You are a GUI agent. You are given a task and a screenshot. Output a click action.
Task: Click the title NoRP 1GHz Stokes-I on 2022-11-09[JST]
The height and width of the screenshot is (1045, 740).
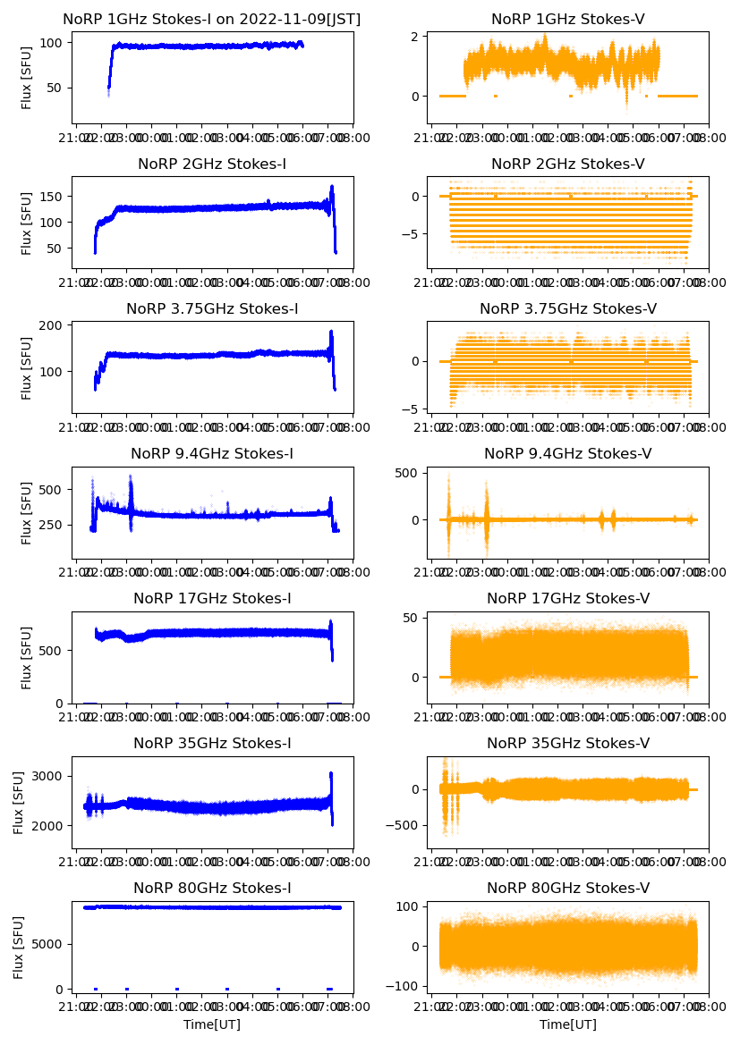[x=212, y=20]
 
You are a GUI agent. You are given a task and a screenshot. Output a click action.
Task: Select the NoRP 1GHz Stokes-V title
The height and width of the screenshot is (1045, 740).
[x=568, y=20]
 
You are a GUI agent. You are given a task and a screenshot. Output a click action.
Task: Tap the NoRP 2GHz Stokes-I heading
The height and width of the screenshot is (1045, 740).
[x=212, y=164]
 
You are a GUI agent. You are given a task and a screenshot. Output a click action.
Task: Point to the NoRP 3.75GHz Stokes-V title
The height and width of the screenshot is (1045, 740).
[x=568, y=309]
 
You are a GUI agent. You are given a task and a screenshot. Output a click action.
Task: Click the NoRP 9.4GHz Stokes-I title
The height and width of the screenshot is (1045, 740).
[x=212, y=454]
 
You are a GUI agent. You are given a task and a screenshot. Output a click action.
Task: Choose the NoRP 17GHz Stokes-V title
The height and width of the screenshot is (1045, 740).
[x=568, y=599]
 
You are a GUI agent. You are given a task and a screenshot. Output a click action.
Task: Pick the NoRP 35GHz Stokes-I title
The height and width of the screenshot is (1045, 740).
[x=212, y=744]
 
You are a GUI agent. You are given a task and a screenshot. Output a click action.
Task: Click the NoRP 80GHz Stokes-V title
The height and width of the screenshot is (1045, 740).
[x=568, y=889]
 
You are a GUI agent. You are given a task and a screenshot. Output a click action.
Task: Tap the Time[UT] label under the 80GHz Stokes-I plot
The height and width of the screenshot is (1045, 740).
[x=212, y=1024]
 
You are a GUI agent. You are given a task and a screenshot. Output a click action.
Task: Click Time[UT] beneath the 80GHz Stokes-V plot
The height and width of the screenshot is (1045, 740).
[x=568, y=1024]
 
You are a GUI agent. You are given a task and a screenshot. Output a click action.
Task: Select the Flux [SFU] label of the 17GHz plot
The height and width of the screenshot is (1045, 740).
[x=27, y=657]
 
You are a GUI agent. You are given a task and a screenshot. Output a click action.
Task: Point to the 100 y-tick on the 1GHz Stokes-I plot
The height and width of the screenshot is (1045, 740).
[x=51, y=43]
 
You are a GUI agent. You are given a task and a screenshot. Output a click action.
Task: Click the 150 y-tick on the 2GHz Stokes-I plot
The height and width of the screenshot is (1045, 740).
[x=51, y=196]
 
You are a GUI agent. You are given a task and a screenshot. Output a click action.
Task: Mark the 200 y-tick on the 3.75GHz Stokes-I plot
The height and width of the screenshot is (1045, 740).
[x=51, y=325]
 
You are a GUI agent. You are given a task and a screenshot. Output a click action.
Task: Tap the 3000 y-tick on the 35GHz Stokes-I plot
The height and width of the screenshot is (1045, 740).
[x=47, y=776]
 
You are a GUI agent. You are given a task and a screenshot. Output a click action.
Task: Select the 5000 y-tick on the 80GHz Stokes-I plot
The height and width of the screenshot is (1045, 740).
[x=47, y=944]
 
